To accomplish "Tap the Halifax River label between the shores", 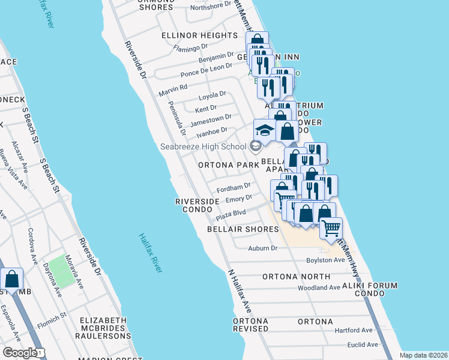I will point(151,254).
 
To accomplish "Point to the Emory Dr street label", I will point(238,199).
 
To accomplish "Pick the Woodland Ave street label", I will point(319,288).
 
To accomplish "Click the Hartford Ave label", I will point(354,330).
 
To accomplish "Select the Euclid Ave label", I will point(363,344).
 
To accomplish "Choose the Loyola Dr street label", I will point(212,95).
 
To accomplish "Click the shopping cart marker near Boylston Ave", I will point(331,228).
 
